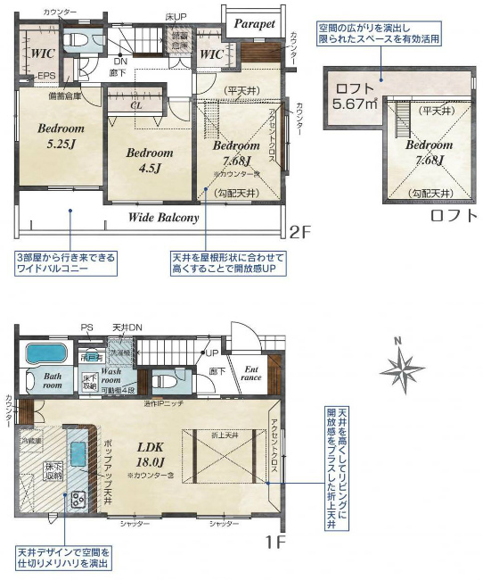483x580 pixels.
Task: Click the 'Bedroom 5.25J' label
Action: [61, 135]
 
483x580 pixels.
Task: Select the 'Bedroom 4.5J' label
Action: [149, 159]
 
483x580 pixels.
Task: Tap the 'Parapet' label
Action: [255, 24]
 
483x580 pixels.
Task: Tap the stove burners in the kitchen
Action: [76, 497]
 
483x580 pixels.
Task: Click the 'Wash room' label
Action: [117, 375]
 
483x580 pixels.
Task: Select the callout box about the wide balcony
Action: [65, 262]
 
